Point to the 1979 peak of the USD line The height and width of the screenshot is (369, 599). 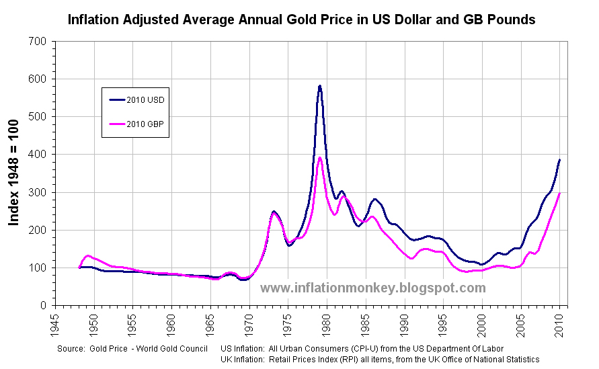click(320, 86)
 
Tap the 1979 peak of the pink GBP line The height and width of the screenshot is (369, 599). click(320, 158)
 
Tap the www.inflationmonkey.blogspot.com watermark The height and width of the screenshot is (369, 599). click(372, 288)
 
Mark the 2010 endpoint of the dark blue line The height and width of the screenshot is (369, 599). click(559, 161)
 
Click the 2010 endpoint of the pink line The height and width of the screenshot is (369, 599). click(559, 194)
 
